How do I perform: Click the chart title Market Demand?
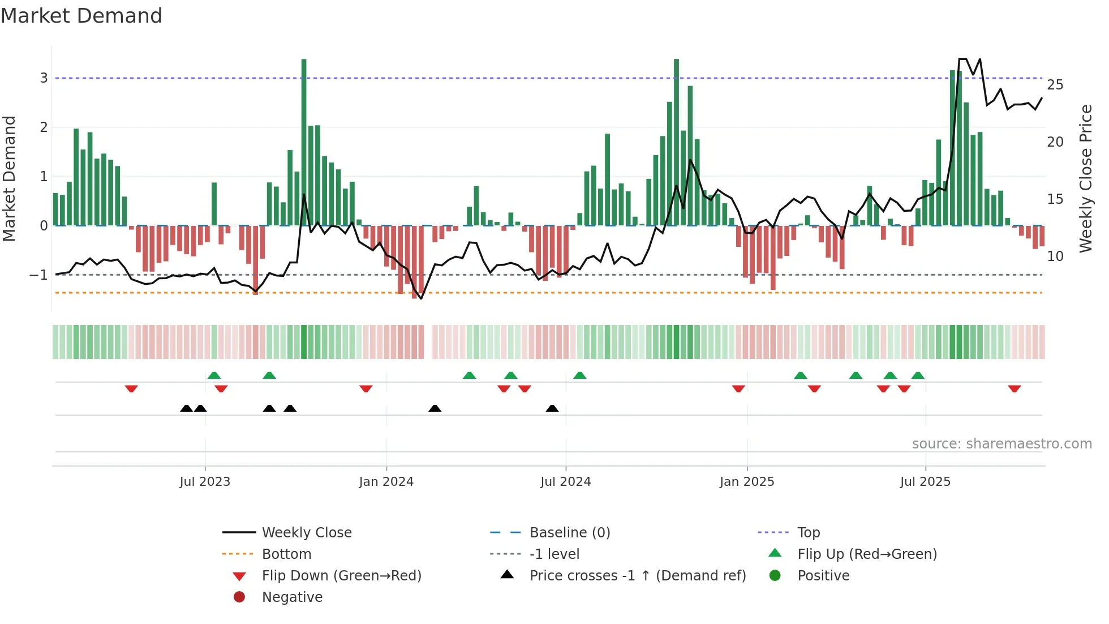click(81, 16)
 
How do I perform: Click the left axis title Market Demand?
click(9, 178)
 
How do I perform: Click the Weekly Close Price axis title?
click(1085, 178)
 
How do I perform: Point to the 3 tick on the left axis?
click(44, 78)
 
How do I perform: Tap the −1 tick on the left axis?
click(39, 275)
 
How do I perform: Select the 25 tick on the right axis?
click(1055, 85)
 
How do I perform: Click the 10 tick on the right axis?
click(1055, 257)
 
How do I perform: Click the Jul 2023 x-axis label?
click(205, 482)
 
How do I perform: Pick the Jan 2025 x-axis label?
click(747, 482)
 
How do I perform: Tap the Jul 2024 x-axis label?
click(565, 482)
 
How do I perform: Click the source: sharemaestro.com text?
click(1001, 444)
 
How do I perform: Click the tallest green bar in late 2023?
click(304, 142)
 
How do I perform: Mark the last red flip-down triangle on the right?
click(1014, 388)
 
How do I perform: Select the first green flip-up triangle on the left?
click(214, 375)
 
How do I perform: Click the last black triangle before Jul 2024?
click(552, 408)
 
